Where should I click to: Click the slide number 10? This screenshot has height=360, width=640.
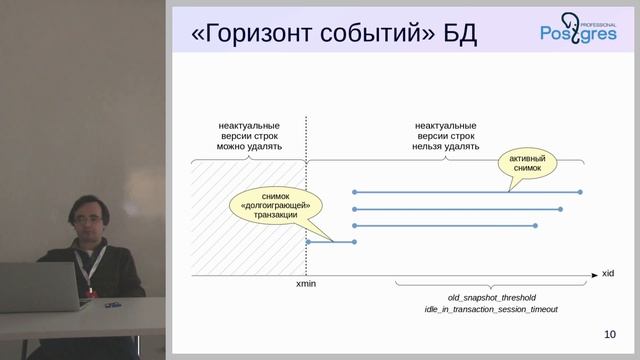[x=610, y=335]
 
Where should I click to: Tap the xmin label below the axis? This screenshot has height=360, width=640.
[x=307, y=285]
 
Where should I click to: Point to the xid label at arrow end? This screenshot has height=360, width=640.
[x=607, y=272]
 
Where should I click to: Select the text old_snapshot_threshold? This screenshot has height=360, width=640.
[x=491, y=297]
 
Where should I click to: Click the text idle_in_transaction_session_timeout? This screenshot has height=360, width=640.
[x=491, y=310]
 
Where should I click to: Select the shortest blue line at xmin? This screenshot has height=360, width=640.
[x=330, y=242]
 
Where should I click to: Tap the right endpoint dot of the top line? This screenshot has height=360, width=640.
[x=581, y=191]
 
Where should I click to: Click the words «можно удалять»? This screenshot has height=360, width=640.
[x=249, y=146]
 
